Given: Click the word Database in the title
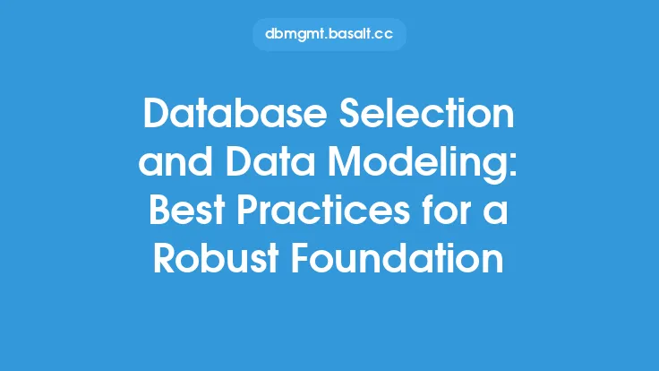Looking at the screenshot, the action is (235, 113).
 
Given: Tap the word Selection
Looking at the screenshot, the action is (426, 113).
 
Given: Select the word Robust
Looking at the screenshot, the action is (216, 258).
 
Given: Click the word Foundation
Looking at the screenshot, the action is (398, 258).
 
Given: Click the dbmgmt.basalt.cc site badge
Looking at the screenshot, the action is (329, 34).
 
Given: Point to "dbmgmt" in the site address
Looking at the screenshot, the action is (295, 35).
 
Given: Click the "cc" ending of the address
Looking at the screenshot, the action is (384, 35).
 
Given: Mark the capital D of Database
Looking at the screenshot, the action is (157, 113).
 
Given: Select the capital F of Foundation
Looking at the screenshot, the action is (302, 258).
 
